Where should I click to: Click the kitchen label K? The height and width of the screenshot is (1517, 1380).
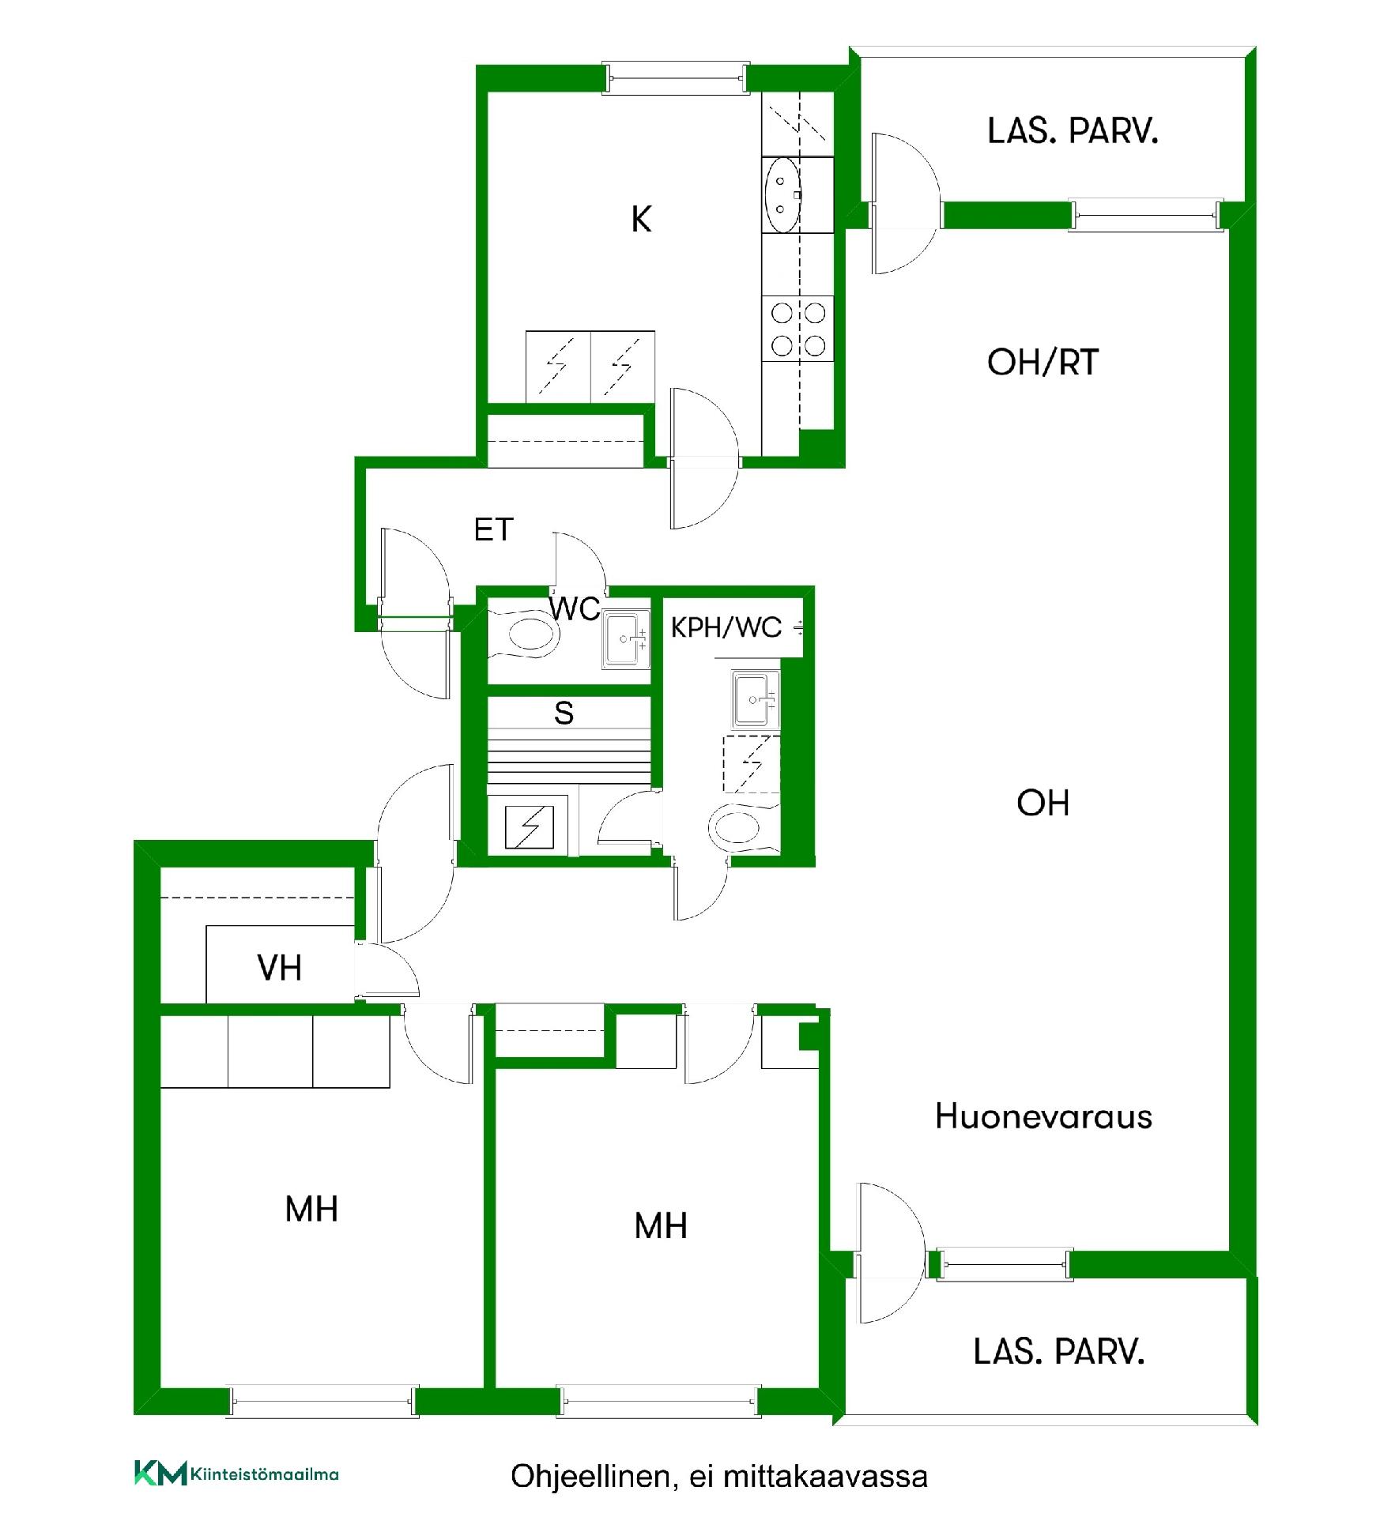(641, 219)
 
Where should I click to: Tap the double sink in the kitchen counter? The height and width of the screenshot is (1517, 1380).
(782, 194)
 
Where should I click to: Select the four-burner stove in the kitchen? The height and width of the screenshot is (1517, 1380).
(797, 329)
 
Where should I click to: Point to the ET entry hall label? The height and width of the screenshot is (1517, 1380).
(493, 529)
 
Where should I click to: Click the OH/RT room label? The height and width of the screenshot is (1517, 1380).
(1043, 363)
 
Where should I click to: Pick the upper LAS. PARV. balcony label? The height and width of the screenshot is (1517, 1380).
(1073, 131)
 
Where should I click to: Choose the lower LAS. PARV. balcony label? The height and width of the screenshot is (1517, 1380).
(1059, 1352)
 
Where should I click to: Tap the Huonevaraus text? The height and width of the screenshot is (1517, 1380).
(1043, 1116)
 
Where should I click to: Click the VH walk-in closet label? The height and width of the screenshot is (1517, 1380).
(279, 968)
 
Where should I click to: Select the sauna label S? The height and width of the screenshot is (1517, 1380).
(564, 713)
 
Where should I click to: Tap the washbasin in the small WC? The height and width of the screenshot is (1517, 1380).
(626, 638)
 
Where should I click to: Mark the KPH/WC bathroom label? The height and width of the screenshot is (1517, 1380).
(726, 627)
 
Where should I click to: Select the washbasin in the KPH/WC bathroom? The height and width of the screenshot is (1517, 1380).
(755, 699)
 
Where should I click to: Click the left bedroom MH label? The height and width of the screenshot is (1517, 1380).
(311, 1210)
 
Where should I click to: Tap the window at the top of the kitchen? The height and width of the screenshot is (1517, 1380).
(676, 78)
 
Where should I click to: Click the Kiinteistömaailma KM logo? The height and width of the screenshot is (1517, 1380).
(236, 1474)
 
